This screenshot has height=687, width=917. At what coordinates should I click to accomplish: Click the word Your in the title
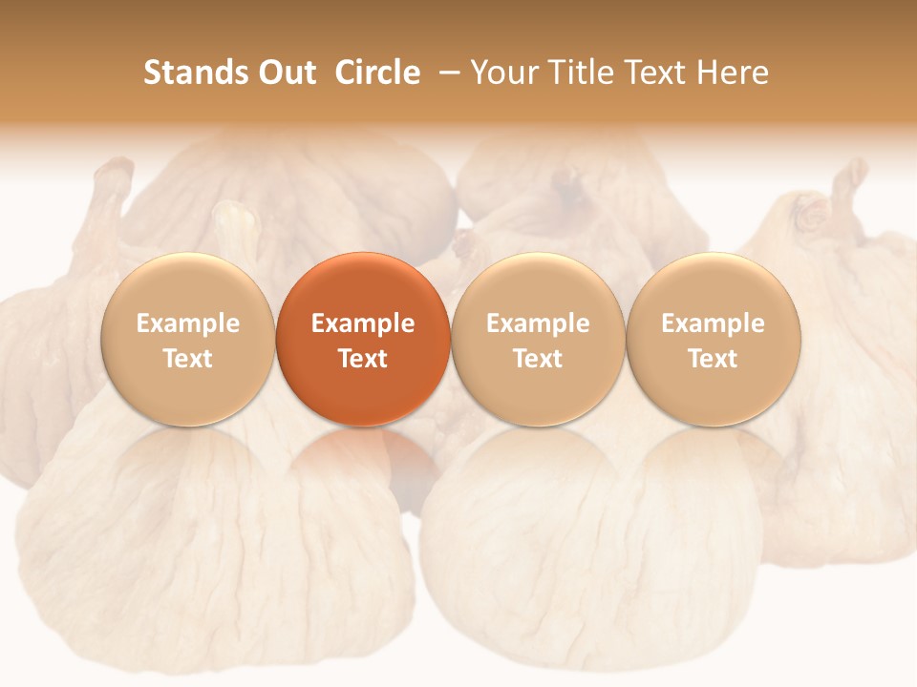(504, 73)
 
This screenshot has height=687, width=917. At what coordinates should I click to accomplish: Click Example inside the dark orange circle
(363, 323)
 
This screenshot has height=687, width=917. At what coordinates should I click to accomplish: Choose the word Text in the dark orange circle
(363, 359)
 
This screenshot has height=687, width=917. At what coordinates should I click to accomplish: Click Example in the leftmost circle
(188, 323)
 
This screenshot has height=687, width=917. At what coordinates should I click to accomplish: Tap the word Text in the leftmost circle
(188, 359)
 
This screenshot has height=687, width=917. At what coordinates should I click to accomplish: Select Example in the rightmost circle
(713, 323)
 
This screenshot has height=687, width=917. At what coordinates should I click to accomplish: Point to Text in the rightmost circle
(713, 359)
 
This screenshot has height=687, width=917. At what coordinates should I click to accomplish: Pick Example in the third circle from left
(538, 323)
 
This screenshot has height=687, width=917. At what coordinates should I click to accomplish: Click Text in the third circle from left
(538, 359)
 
